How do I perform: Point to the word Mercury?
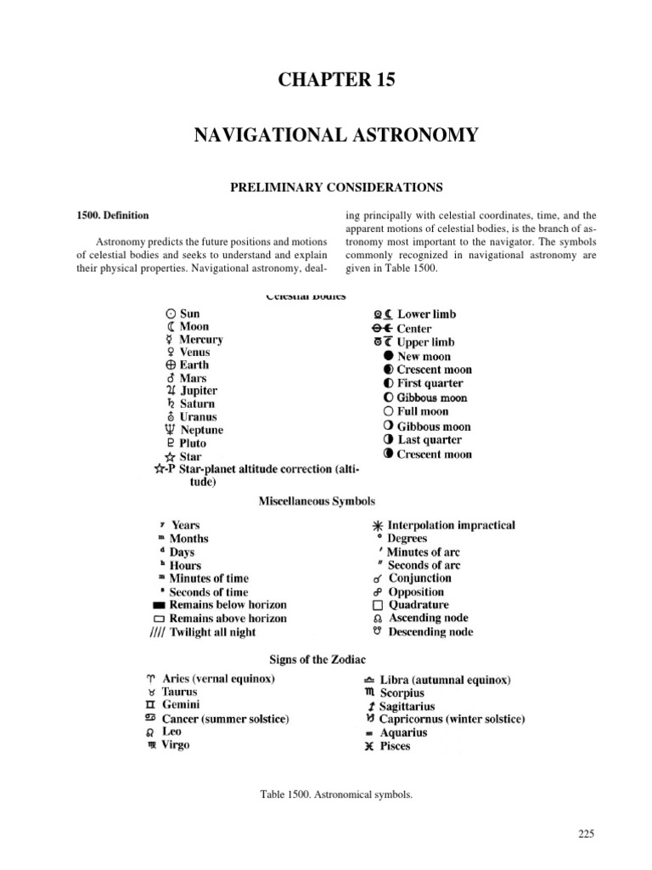click(202, 340)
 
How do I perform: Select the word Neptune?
click(200, 430)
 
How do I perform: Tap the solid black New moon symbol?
click(388, 357)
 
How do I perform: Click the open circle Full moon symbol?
click(388, 412)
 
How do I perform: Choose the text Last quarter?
click(430, 440)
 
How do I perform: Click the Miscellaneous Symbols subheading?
click(317, 502)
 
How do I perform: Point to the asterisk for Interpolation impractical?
click(377, 526)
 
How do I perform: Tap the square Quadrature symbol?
click(378, 605)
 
